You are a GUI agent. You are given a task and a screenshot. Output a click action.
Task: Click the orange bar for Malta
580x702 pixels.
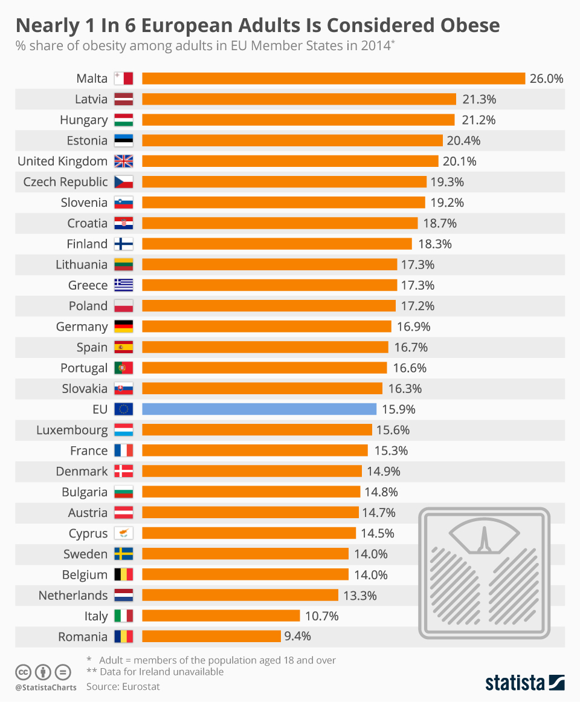point(333,79)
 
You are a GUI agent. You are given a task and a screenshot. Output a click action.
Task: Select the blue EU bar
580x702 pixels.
point(259,409)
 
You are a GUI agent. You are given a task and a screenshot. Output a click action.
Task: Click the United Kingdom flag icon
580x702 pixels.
point(123,161)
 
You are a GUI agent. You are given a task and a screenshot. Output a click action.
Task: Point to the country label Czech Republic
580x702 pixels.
point(65,182)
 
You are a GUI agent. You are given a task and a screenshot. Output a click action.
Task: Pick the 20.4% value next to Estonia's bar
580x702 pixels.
point(464,141)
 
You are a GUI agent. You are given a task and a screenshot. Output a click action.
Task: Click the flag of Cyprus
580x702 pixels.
point(123,533)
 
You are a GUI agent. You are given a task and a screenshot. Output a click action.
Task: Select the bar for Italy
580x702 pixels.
point(221,616)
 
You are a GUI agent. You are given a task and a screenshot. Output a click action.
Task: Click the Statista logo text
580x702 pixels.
point(515,683)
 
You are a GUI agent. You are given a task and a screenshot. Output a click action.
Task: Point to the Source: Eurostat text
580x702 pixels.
point(123,686)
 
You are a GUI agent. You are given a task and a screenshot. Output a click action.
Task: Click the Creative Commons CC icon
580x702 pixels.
point(23,672)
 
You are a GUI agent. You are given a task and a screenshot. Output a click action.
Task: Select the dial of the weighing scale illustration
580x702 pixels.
point(483,537)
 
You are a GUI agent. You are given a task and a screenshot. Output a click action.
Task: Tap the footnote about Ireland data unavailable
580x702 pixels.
point(155,672)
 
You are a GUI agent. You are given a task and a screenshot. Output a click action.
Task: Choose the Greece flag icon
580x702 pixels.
point(123,285)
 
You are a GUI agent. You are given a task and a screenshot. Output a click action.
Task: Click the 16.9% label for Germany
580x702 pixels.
point(414,327)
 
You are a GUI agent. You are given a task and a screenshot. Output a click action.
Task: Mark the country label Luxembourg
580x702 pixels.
point(72,431)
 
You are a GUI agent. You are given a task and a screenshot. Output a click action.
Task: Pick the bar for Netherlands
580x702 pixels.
point(240,595)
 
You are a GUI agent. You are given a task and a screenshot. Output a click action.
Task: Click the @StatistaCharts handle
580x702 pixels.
point(46,687)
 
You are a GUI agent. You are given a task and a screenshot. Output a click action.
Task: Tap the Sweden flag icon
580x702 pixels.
point(123,554)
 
